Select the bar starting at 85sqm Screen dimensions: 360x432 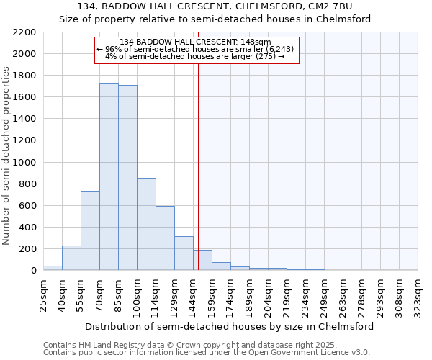click(x=127, y=178)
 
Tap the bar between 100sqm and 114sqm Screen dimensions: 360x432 click(x=146, y=224)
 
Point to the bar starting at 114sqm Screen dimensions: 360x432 click(x=165, y=238)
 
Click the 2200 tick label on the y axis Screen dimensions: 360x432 click(x=24, y=32)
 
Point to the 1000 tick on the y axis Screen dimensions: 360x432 click(x=24, y=163)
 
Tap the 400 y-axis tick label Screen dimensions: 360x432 click(x=27, y=228)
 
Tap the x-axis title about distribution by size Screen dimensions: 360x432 click(x=229, y=326)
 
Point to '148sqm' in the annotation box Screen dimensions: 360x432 click(x=256, y=42)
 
